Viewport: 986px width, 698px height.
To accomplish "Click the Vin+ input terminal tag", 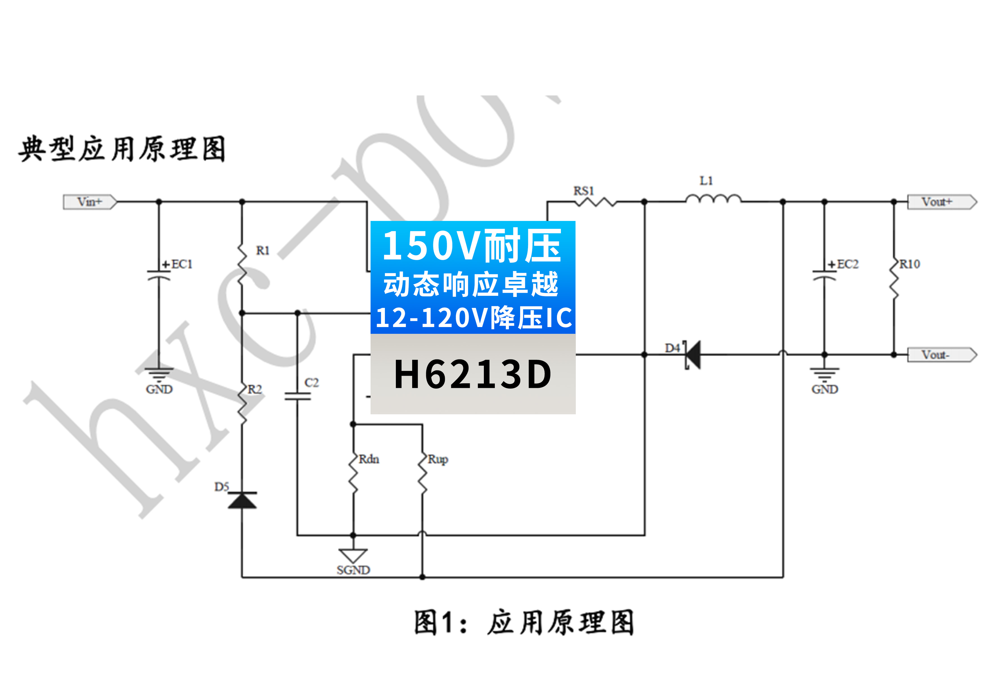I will click(90, 202).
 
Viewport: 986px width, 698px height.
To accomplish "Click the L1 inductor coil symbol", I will click(713, 199).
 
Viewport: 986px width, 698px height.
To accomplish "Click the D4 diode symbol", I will click(692, 355).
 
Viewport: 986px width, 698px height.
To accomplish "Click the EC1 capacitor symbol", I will click(159, 275).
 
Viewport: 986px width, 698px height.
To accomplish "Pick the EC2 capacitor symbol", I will click(824, 275).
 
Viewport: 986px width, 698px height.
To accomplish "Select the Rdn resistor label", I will click(369, 459).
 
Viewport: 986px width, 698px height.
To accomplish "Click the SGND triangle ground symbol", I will click(353, 555).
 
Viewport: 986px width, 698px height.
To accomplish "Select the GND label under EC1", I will click(159, 390).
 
